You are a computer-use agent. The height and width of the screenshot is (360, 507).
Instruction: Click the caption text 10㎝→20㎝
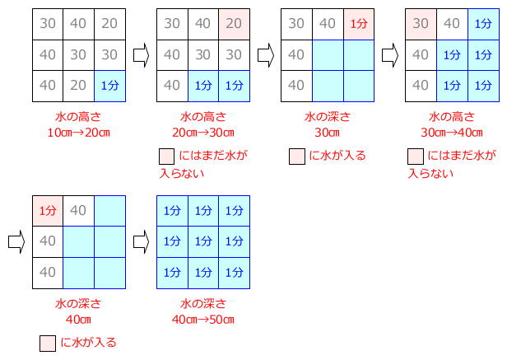pyautogui.click(x=79, y=133)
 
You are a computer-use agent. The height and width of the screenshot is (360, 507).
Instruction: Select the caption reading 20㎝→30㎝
pyautogui.click(x=203, y=133)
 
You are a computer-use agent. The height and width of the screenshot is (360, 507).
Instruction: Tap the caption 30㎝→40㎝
pyautogui.click(x=452, y=133)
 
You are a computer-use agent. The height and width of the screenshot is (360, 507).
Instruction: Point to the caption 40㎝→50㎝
pyautogui.click(x=203, y=320)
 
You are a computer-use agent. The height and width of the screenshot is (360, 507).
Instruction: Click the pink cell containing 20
pyautogui.click(x=234, y=24)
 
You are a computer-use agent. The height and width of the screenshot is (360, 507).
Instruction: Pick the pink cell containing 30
pyautogui.click(x=421, y=24)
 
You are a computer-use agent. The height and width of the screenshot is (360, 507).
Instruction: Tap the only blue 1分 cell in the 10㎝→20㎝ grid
pyautogui.click(x=110, y=86)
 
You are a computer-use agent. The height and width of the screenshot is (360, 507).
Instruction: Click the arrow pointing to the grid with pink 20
pyautogui.click(x=142, y=55)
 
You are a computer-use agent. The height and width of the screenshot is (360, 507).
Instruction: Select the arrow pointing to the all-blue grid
pyautogui.click(x=142, y=242)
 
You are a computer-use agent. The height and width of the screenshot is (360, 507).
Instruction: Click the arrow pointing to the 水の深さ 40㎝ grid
pyautogui.click(x=16, y=242)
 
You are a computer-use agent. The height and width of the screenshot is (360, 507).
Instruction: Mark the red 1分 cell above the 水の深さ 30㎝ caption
pyautogui.click(x=359, y=24)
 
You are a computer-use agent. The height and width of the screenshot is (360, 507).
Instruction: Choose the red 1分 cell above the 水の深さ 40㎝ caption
pyautogui.click(x=48, y=211)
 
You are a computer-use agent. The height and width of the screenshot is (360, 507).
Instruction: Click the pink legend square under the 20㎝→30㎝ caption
pyautogui.click(x=167, y=157)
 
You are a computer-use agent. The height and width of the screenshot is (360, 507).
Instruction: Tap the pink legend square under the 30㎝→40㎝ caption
pyautogui.click(x=416, y=157)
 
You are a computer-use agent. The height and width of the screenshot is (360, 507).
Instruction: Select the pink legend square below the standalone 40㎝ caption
pyautogui.click(x=48, y=344)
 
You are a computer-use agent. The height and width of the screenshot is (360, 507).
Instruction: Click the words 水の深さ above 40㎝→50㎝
pyautogui.click(x=203, y=304)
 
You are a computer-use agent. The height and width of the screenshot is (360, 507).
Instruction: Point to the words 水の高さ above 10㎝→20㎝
pyautogui.click(x=78, y=116)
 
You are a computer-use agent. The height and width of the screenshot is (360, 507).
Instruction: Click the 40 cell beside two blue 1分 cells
pyautogui.click(x=172, y=86)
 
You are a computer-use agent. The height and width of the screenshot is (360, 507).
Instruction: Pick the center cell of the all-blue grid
pyautogui.click(x=203, y=242)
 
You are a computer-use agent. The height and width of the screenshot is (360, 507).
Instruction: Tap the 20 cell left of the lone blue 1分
pyautogui.click(x=78, y=86)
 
